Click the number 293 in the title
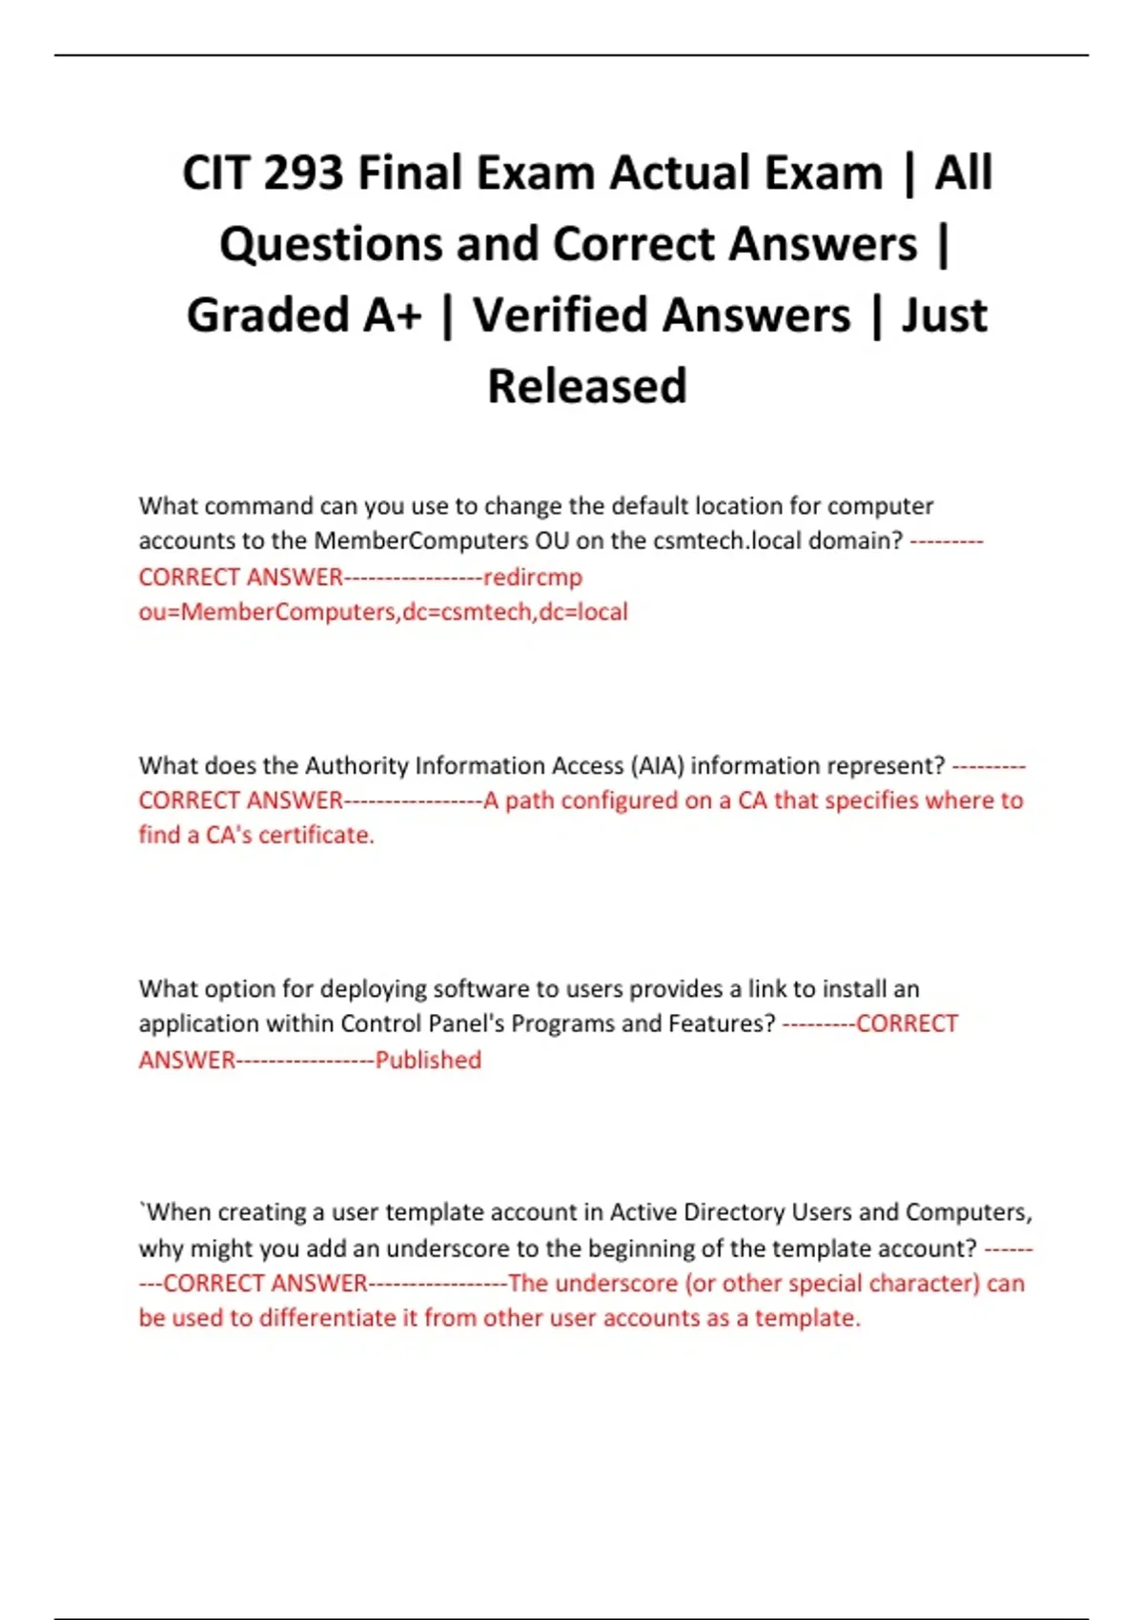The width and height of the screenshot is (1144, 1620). (x=302, y=173)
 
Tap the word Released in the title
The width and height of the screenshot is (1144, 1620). (x=586, y=386)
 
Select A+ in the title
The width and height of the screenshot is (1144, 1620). (x=392, y=315)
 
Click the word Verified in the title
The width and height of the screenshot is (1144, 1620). (x=661, y=315)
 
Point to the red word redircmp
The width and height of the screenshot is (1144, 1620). (x=532, y=577)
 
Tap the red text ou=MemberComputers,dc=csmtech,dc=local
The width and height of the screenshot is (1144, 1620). (x=383, y=612)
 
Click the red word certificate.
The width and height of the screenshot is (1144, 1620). (x=317, y=835)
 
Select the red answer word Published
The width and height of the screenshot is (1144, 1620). (x=428, y=1060)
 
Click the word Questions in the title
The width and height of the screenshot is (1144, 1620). (x=331, y=244)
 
